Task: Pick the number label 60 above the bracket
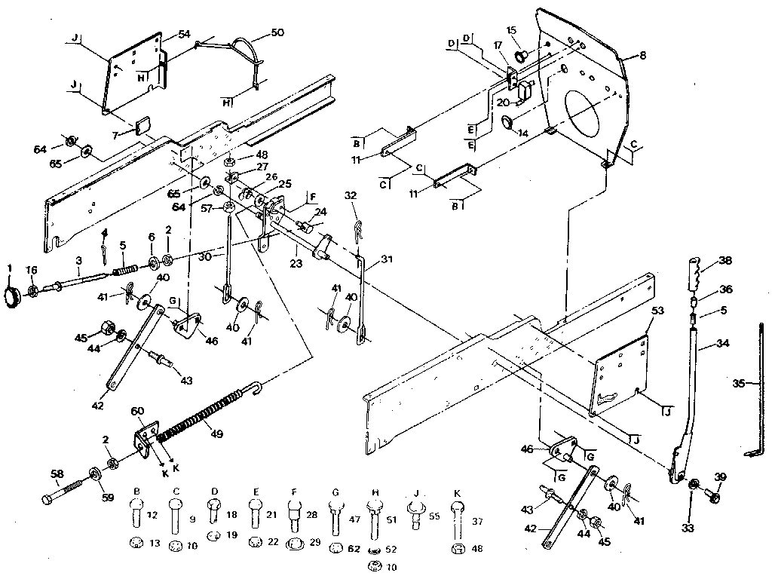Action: point(137,411)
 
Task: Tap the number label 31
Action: point(387,260)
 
